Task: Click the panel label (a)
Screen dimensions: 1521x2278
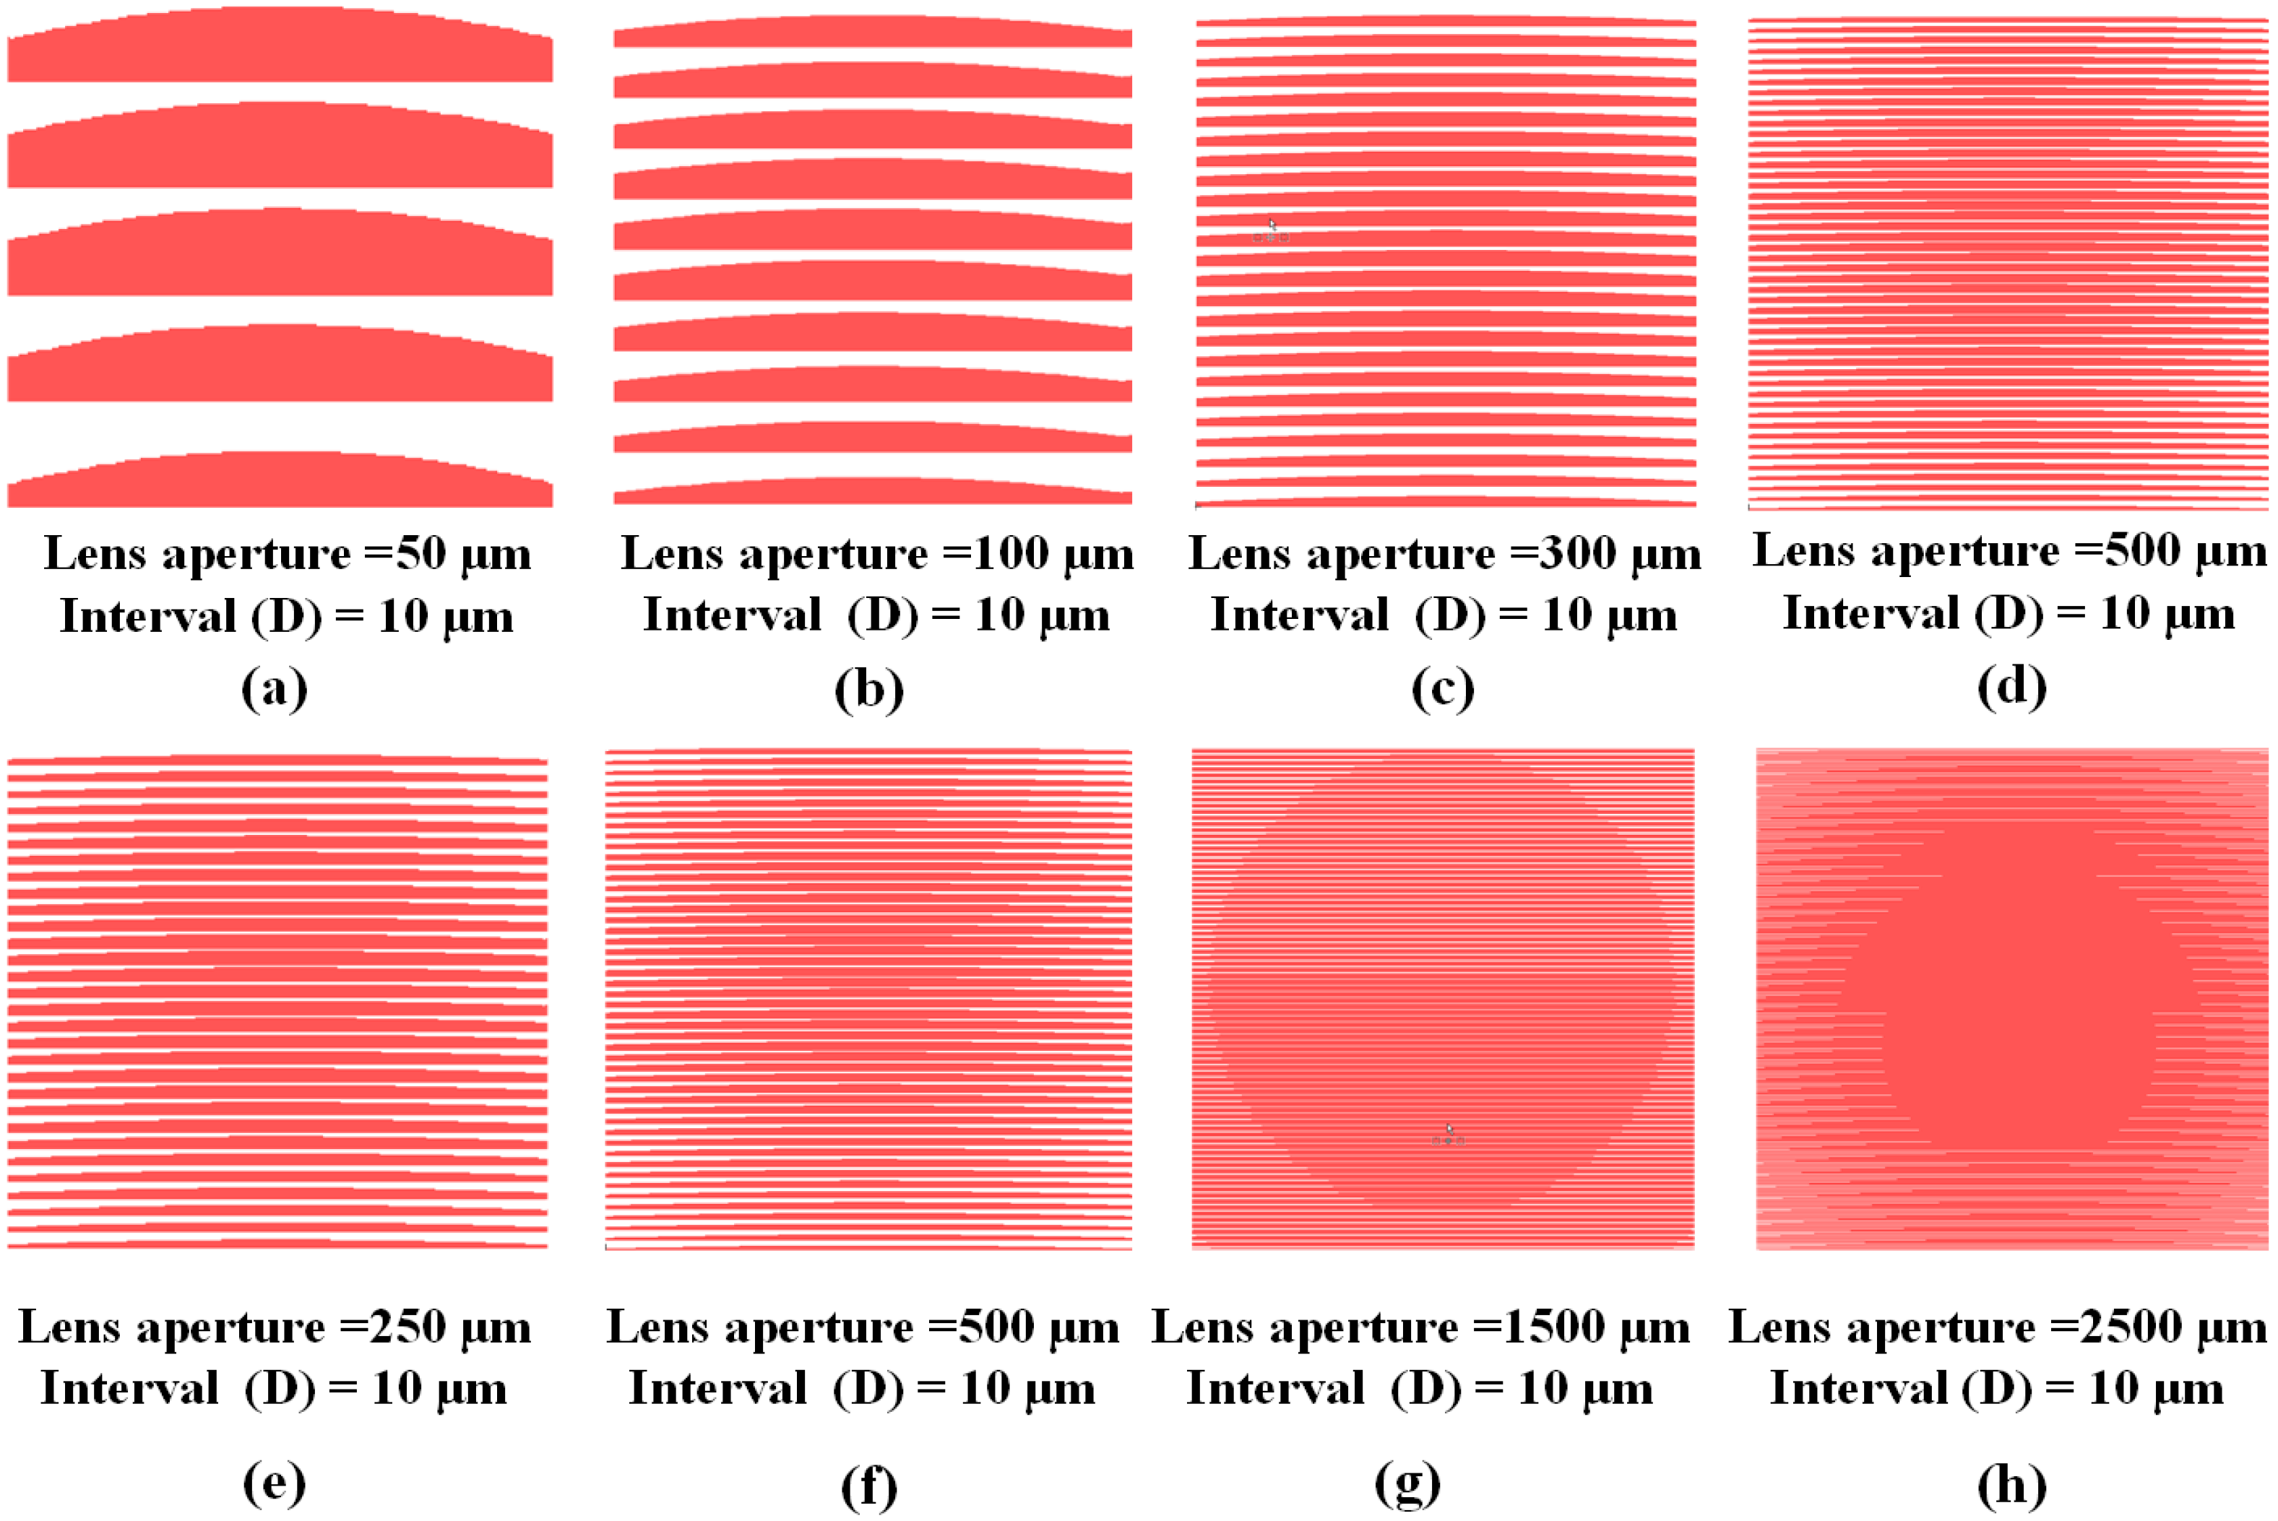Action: tap(275, 689)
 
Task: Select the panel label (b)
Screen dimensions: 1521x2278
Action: tap(869, 689)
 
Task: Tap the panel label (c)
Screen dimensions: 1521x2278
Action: tap(1443, 689)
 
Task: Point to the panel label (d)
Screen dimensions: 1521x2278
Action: tap(2012, 687)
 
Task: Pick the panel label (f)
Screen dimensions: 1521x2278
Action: tap(869, 1485)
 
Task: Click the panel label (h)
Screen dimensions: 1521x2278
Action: tap(2012, 1485)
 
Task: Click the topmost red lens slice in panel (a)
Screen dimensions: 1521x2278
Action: tap(280, 48)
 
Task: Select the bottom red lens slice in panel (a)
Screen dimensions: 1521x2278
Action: tap(280, 482)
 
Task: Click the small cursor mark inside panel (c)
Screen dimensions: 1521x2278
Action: tap(1271, 231)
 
